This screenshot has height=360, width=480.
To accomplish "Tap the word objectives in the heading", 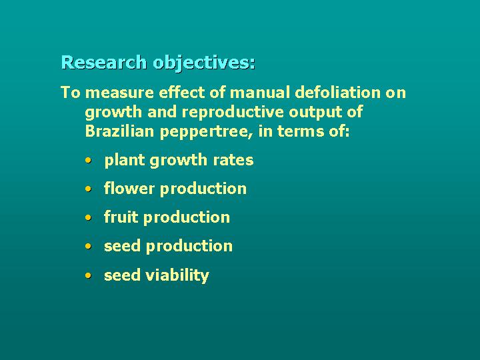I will click(203, 63).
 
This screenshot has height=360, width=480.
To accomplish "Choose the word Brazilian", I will click(119, 131).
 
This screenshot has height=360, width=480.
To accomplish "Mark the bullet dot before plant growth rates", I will click(89, 161).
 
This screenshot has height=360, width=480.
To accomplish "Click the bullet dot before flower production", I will click(89, 189).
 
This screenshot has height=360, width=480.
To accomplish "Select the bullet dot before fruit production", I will click(89, 218).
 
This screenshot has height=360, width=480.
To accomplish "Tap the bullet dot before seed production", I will click(89, 247).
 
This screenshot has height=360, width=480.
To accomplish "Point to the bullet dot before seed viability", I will click(89, 275).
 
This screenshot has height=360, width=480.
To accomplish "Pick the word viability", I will click(177, 275).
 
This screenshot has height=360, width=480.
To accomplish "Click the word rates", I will click(235, 161).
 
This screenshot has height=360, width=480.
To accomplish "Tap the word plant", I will click(124, 161).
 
